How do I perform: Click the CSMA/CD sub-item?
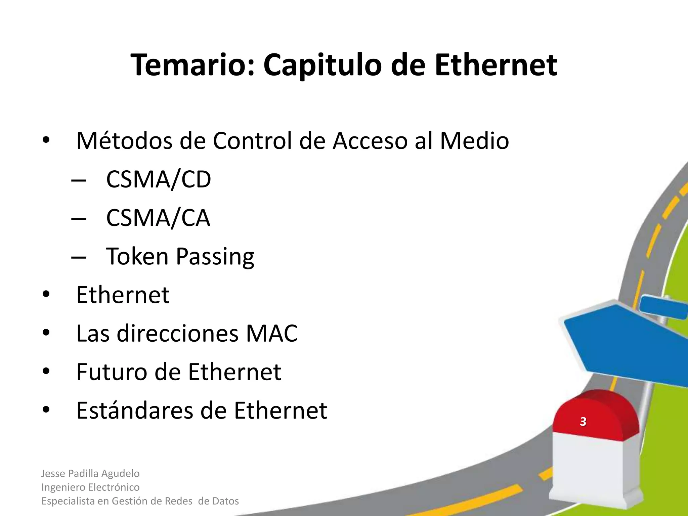pos(158,180)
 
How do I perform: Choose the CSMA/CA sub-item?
pos(158,218)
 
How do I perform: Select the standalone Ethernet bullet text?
pos(123,295)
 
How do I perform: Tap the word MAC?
pos(271,334)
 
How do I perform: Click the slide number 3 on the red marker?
pos(583,421)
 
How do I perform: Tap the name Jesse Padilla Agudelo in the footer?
pos(90,473)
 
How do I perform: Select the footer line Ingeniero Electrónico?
pos(90,487)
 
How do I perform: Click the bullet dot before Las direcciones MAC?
pos(46,333)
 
